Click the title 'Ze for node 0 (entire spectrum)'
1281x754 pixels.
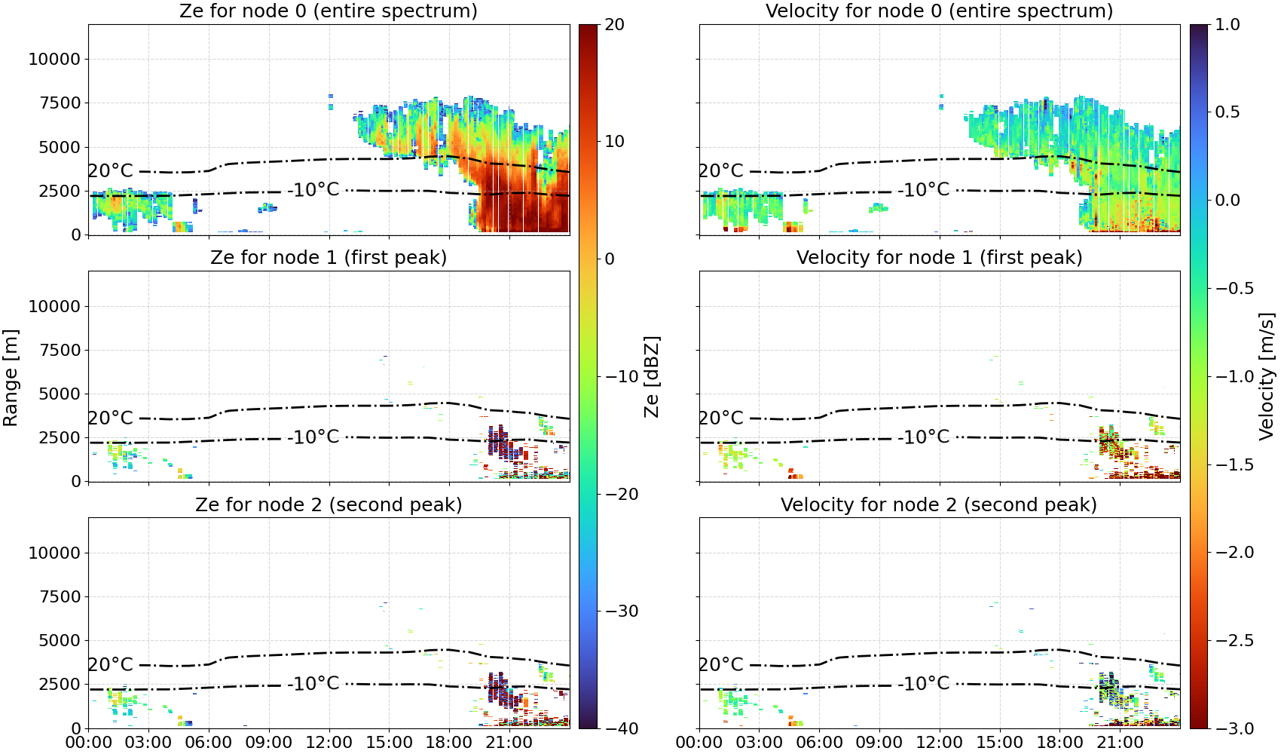(x=329, y=11)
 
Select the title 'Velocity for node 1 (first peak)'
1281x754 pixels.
(x=940, y=257)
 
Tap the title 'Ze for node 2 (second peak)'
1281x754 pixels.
(x=329, y=504)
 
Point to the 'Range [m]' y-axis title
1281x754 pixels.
(x=11, y=378)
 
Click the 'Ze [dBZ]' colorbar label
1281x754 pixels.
(x=651, y=377)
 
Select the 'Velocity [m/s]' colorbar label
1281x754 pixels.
(x=1267, y=376)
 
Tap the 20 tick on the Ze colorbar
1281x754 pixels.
(x=613, y=25)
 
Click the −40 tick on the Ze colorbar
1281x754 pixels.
(x=621, y=728)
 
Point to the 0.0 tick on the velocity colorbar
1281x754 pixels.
(x=1227, y=201)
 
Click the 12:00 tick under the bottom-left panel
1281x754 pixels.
(x=329, y=743)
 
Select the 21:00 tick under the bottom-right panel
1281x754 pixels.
(x=1120, y=743)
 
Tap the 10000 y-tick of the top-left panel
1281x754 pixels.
(x=55, y=59)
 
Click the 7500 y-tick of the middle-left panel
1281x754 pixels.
(x=60, y=350)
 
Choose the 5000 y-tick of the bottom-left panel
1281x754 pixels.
(x=60, y=641)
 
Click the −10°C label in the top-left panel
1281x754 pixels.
(x=313, y=189)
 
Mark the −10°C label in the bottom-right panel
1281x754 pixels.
(x=924, y=683)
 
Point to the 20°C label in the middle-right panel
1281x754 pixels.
(x=720, y=418)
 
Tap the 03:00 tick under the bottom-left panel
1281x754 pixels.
(x=148, y=743)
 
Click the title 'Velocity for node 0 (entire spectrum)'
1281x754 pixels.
(x=940, y=11)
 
